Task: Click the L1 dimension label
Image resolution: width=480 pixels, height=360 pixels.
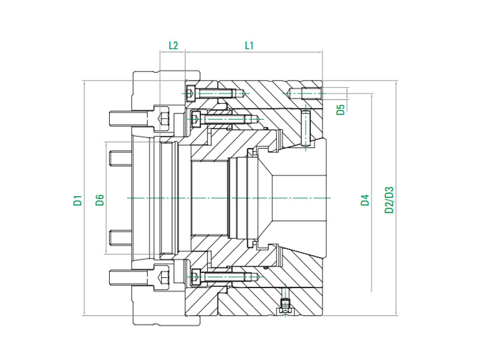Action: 250,45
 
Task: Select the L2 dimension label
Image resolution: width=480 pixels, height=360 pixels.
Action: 173,45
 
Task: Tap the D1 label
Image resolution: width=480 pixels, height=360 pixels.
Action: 77,200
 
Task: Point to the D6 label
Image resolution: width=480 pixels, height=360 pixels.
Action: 100,200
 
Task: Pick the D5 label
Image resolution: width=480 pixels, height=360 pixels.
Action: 340,109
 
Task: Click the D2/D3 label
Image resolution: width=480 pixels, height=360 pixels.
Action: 389,200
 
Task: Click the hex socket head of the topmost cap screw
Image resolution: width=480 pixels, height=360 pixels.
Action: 191,94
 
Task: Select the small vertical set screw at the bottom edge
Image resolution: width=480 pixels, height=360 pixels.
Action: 285,305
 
